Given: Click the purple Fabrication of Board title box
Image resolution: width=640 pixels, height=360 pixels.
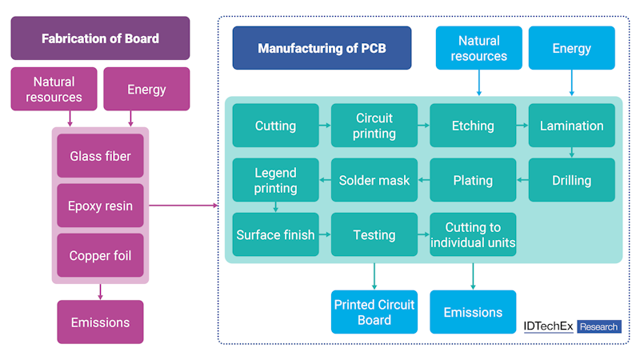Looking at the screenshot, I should [x=100, y=38].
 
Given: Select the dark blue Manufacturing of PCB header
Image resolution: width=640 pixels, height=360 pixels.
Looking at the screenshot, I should [x=322, y=48].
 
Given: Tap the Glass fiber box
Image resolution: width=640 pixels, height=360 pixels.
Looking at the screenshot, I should [x=100, y=155].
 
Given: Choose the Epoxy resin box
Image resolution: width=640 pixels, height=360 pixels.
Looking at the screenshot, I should [x=100, y=206].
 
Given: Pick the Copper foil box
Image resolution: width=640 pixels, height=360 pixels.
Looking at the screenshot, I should [x=100, y=255].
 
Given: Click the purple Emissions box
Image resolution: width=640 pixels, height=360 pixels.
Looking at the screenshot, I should [x=100, y=322].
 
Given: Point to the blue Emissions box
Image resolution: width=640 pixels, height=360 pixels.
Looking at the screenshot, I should [x=473, y=312].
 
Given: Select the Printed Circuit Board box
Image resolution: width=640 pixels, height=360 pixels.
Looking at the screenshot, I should [x=374, y=312].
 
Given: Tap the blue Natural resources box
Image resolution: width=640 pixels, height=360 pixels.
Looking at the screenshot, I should [x=478, y=48].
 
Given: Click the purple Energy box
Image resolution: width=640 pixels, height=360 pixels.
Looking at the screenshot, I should [x=146, y=89].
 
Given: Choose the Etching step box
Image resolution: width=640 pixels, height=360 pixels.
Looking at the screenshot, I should [x=473, y=126].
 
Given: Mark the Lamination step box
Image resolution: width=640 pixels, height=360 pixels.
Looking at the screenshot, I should [x=571, y=126].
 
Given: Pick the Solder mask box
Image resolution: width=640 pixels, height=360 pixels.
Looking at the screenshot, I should [x=374, y=180].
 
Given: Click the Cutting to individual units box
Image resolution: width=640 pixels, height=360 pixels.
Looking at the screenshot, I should [x=473, y=234].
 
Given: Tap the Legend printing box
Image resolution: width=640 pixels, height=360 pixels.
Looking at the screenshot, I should [x=275, y=180].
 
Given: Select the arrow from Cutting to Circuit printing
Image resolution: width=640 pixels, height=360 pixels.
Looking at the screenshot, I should [x=325, y=126].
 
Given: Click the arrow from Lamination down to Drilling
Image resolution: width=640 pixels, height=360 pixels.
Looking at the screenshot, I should [x=571, y=153].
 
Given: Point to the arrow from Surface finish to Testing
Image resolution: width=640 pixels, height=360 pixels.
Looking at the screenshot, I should [x=325, y=234].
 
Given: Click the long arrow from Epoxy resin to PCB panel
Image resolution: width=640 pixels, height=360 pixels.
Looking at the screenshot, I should [x=183, y=206].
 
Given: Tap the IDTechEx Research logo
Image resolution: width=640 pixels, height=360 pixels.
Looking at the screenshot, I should [x=571, y=326].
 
